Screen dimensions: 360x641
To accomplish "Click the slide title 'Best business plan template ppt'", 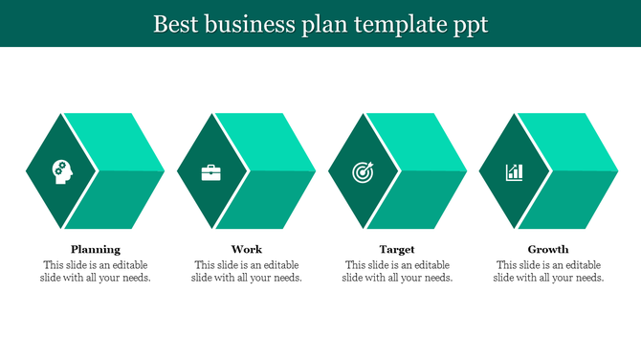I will (x=320, y=24).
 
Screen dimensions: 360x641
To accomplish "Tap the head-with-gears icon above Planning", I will (x=60, y=171).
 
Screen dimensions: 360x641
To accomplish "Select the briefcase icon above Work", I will (x=210, y=172).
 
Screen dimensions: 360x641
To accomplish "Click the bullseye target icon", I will (x=363, y=172).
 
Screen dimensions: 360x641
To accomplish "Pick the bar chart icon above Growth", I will (x=515, y=172).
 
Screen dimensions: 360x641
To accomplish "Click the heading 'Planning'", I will (x=96, y=249).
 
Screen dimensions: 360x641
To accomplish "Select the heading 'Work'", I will (x=247, y=249).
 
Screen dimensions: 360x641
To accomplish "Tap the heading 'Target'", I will (x=397, y=249).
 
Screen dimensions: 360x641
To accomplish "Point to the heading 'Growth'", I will (x=548, y=249).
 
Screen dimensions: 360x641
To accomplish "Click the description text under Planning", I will (x=96, y=271).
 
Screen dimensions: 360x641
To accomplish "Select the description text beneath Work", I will (x=247, y=271).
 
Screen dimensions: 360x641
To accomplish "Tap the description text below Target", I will (x=397, y=271).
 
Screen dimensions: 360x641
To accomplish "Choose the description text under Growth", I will (x=548, y=271).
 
